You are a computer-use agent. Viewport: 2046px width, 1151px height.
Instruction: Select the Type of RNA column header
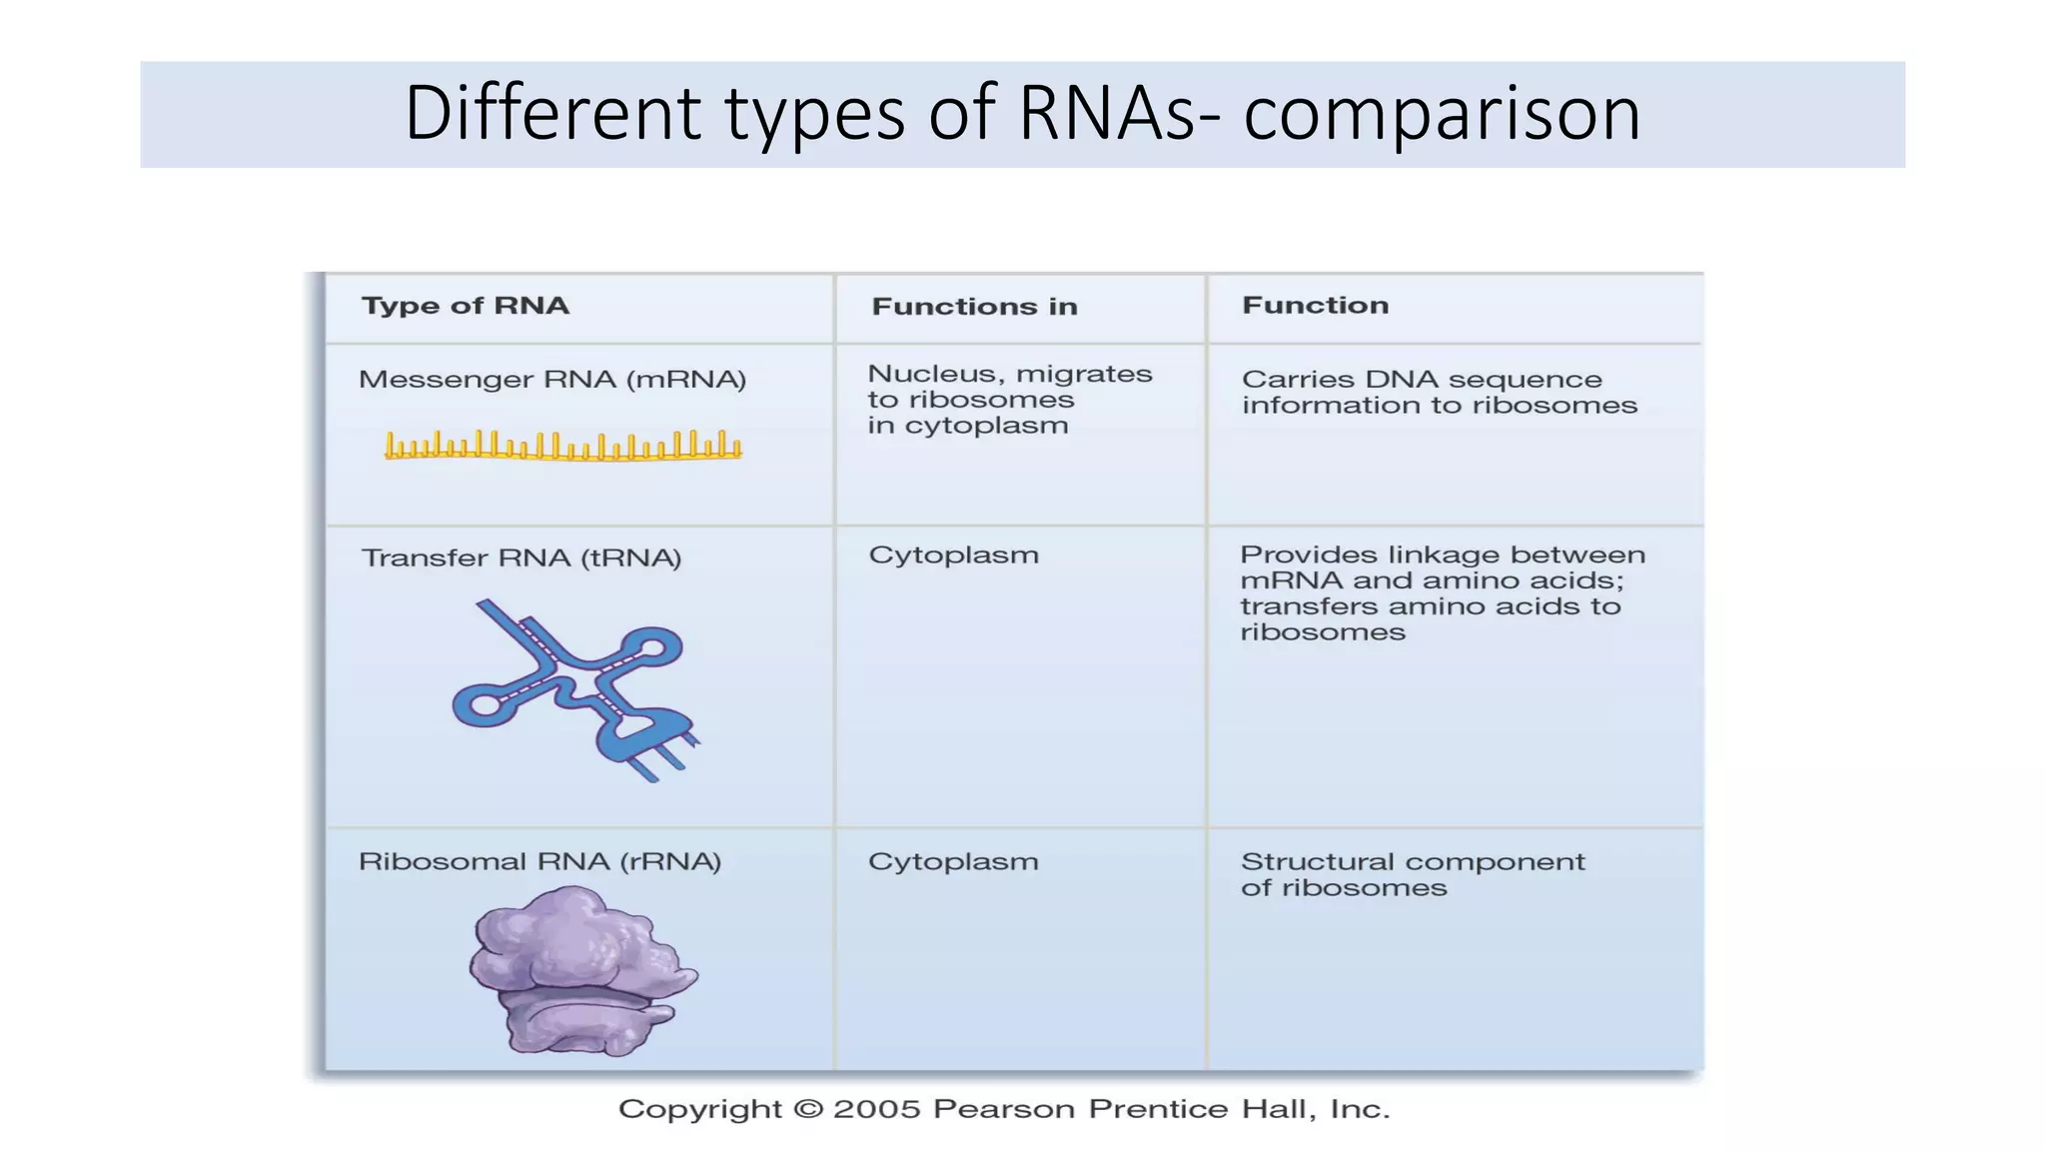466,306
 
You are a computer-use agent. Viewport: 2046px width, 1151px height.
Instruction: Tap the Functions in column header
974,307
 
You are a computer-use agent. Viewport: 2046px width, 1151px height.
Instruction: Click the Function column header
1315,306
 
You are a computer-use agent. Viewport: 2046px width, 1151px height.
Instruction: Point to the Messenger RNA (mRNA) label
552,380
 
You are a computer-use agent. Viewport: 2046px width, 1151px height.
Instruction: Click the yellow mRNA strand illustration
562,447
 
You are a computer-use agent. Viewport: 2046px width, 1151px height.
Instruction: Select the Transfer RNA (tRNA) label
521,558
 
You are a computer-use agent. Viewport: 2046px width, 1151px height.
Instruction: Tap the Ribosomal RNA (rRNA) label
539,861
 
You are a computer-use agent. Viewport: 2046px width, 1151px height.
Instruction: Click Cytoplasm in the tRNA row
953,556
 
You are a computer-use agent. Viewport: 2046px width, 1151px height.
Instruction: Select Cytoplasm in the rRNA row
953,861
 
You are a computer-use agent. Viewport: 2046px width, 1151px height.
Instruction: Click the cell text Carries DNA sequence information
1439,393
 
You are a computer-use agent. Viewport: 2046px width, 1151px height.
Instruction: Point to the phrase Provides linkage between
1442,556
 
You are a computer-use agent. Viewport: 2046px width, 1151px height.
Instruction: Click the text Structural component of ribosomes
1412,874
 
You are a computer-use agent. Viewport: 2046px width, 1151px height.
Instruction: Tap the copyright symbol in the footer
807,1109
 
